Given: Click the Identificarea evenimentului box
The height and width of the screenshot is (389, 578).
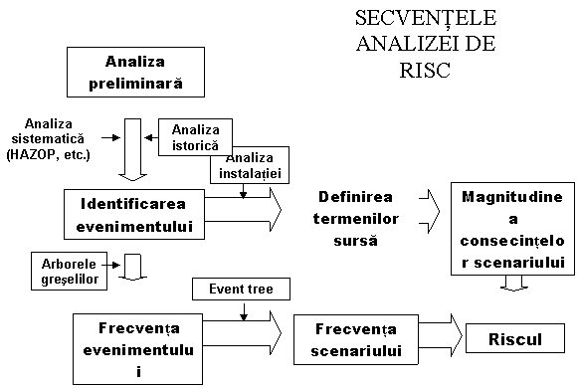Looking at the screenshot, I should click(x=135, y=215).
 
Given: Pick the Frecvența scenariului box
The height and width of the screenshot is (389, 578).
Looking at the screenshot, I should click(x=355, y=336).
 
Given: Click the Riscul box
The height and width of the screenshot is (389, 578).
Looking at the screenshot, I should click(x=514, y=339).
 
